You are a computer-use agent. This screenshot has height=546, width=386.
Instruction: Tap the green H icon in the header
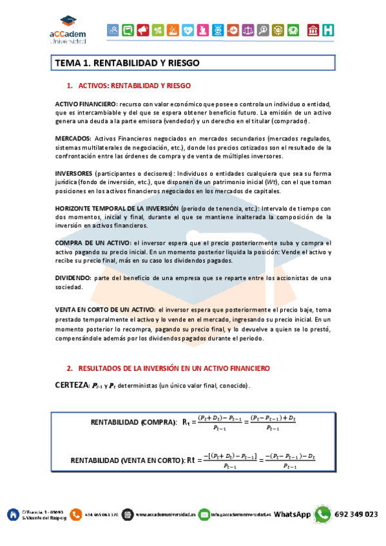(x=329, y=30)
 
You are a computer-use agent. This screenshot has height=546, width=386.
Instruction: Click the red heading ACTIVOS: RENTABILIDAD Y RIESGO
(x=134, y=86)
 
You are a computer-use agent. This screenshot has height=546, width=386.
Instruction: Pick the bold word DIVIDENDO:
(x=73, y=278)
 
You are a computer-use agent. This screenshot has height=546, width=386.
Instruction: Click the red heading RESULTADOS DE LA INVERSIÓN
(x=173, y=368)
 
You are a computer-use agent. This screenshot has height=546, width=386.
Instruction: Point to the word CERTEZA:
(x=72, y=384)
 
